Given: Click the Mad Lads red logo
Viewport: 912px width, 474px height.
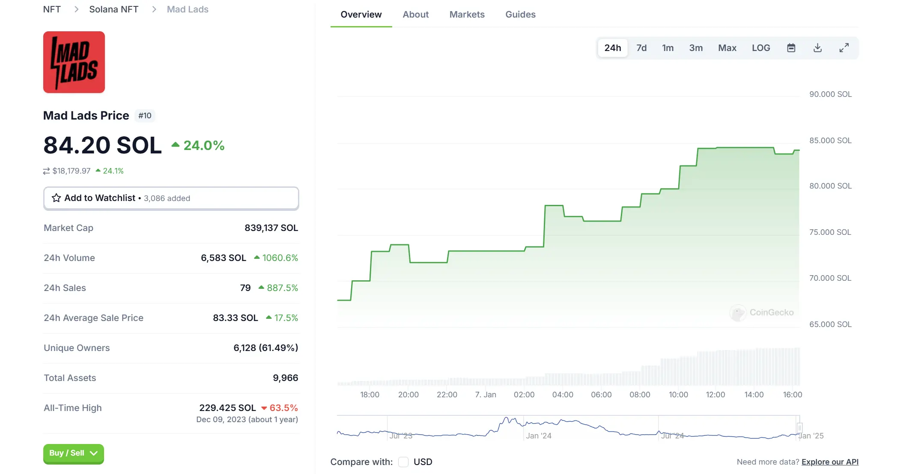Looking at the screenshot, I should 74,62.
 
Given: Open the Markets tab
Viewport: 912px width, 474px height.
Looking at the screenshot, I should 467,15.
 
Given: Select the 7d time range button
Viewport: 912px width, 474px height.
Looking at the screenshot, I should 641,48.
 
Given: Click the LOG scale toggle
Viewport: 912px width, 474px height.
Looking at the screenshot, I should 760,48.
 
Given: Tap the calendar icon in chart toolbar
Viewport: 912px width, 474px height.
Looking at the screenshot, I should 791,48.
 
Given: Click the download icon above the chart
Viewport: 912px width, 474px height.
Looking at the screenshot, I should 817,48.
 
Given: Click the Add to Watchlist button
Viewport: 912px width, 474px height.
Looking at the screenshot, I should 171,198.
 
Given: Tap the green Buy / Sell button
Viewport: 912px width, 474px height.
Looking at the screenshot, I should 73,453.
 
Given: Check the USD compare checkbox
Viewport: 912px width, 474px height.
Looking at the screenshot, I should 403,462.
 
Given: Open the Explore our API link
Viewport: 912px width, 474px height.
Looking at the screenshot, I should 829,462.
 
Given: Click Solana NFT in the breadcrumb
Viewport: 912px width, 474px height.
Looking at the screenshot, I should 113,9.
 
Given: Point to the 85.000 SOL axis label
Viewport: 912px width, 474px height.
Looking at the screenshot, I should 830,141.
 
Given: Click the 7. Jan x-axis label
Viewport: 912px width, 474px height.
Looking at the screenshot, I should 485,395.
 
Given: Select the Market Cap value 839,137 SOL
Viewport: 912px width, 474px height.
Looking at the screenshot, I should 271,228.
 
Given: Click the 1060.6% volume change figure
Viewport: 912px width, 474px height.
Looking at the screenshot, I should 280,258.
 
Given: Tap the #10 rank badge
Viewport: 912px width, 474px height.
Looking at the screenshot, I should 145,116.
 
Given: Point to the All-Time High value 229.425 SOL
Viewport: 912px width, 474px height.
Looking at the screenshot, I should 227,408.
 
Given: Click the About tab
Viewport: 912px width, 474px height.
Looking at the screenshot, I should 415,15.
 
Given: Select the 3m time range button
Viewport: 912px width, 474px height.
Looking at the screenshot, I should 695,48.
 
